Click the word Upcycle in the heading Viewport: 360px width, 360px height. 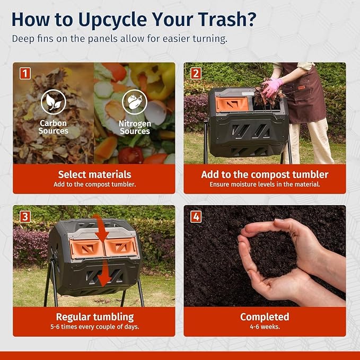coord(113,20)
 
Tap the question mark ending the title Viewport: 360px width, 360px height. coord(251,19)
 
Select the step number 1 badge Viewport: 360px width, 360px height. coord(25,74)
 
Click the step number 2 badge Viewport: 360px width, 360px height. coord(196,74)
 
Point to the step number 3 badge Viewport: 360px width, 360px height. coord(25,216)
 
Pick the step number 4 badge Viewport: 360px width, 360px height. coord(196,216)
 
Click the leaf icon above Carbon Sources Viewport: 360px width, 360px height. coord(53,102)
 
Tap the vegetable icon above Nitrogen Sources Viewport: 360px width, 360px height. coord(135,102)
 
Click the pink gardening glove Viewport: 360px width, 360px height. coord(273,87)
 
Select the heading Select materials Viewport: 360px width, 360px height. coord(94,174)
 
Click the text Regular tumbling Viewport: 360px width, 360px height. coord(95,317)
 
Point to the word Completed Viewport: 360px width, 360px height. coord(265,317)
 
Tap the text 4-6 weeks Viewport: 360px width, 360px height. coord(265,327)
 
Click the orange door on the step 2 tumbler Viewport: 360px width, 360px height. coord(232,104)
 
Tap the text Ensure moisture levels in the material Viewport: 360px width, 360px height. coord(265,185)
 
